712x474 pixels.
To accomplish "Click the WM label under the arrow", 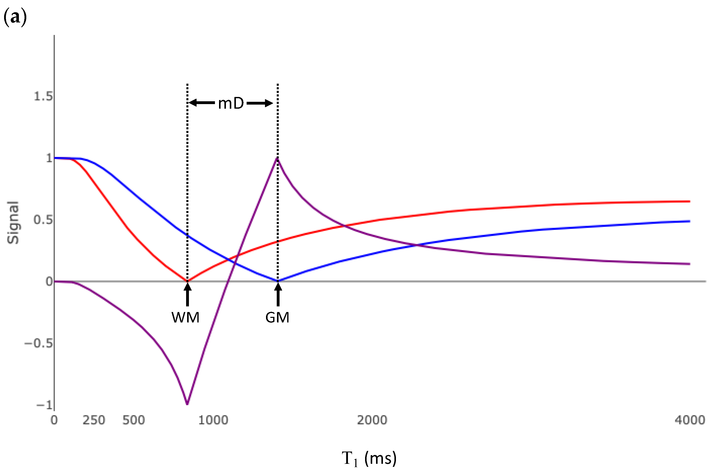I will click(185, 318).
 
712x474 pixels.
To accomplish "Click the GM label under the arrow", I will click(277, 318).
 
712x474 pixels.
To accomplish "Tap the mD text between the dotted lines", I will click(231, 103).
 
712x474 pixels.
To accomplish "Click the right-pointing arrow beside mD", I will click(260, 103).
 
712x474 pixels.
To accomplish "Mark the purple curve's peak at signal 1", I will click(277, 158).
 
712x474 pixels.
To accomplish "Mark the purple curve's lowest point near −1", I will click(187, 404).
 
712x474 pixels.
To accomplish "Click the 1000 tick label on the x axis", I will click(213, 420).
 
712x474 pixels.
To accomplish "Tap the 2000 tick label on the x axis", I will click(372, 420).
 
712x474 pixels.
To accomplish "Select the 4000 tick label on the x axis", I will click(690, 420).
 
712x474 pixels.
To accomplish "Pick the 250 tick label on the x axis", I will click(94, 420).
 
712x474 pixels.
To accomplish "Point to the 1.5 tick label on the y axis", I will click(43, 96).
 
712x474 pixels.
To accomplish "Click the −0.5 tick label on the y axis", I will click(38, 343).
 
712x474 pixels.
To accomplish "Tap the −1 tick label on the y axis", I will click(44, 405).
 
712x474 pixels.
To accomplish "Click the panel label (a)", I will click(15, 17).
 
